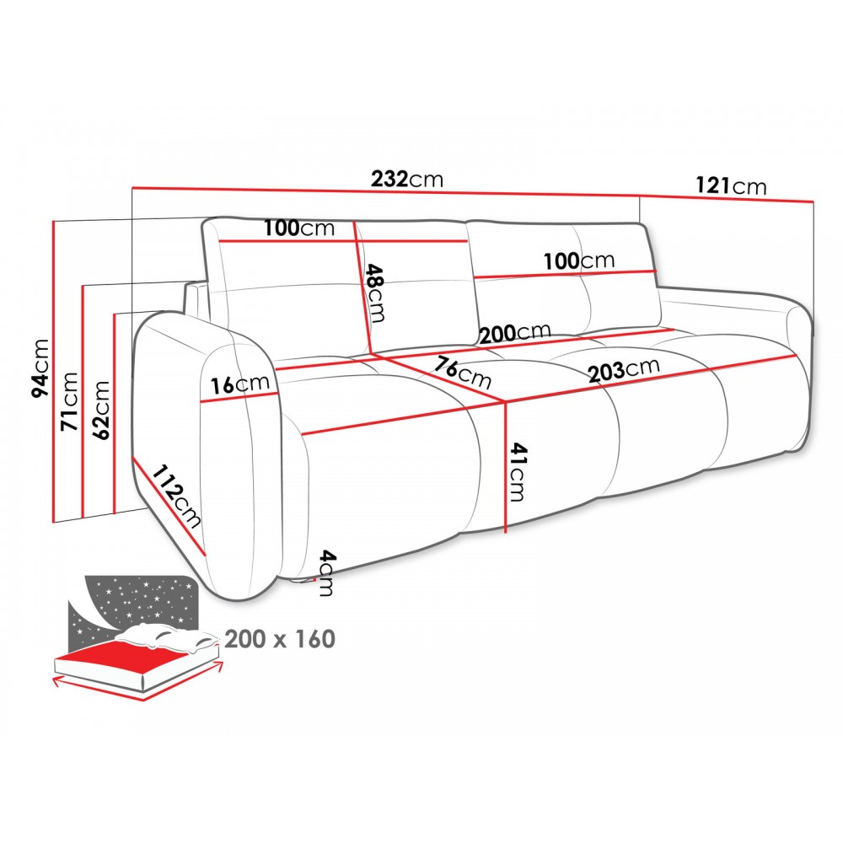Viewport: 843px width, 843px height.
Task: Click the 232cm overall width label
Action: [x=407, y=179]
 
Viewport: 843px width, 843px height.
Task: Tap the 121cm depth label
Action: [x=731, y=185]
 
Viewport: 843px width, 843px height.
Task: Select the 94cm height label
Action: [x=40, y=369]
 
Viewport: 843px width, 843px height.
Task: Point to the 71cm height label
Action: [x=69, y=401]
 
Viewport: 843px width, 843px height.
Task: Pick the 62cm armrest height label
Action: [x=101, y=410]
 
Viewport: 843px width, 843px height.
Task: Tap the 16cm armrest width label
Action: [x=239, y=384]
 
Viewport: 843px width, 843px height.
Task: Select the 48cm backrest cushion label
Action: [x=375, y=293]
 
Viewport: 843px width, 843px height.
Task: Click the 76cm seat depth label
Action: [x=462, y=372]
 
